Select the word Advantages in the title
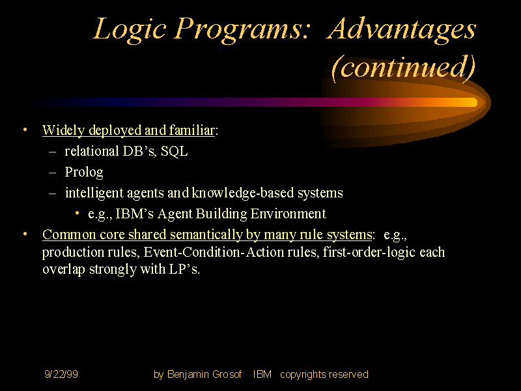[402, 29]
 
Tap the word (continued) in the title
[403, 66]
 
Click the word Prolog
[84, 173]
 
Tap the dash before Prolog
[53, 173]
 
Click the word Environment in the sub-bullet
[287, 214]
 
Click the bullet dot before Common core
[25, 234]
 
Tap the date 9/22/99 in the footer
[61, 375]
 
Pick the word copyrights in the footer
[303, 375]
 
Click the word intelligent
[92, 193]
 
